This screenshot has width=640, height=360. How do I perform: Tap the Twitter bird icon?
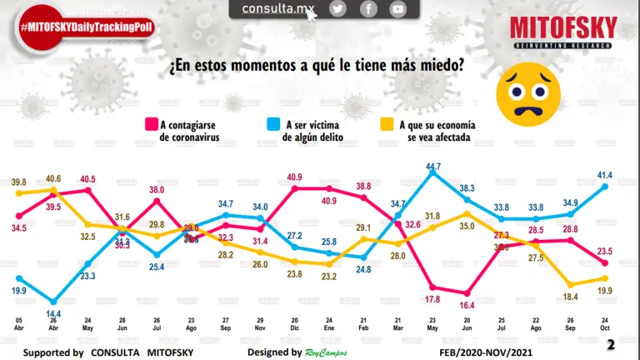[x=337, y=8]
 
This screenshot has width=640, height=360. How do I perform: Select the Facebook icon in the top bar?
[x=367, y=8]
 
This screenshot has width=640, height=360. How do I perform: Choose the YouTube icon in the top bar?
[x=398, y=8]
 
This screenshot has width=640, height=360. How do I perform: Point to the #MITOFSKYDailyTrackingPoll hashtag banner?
[x=77, y=27]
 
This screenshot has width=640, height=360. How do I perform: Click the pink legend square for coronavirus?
[x=152, y=125]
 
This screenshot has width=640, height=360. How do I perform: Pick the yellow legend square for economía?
[x=387, y=125]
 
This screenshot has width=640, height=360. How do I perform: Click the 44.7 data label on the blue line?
[x=432, y=167]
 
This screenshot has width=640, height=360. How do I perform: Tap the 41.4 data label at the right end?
[x=604, y=174]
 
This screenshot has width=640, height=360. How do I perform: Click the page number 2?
[x=611, y=344]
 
